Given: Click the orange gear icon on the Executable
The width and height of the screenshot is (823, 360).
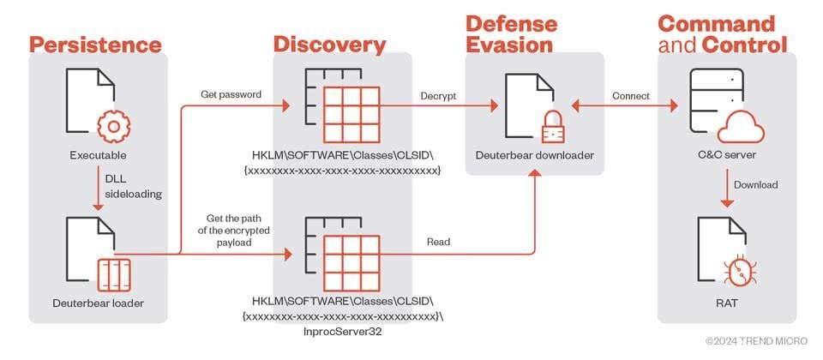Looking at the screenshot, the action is pos(114,127).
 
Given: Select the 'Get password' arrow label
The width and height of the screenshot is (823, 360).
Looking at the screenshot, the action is pos(231,95).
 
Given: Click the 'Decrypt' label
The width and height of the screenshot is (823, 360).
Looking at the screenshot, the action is pos(438,97).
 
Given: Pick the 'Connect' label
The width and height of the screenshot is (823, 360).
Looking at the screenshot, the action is pos(631,96).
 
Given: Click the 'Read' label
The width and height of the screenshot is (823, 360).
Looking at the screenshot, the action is pos(438,242).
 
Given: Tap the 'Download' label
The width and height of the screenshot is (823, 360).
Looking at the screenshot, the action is pos(756,185).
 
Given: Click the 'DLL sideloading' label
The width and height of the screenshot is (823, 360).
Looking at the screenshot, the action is pos(134,186).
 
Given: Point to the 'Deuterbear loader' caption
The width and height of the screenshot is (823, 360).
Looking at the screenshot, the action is pos(98,303).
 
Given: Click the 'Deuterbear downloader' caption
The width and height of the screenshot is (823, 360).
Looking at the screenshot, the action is pos(534,155).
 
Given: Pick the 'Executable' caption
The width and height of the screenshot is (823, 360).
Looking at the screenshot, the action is pos(98,156).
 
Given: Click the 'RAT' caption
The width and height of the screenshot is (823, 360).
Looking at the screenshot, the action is pos(726,303).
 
